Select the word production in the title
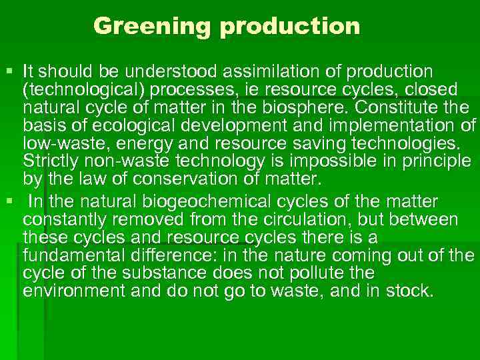tap(290, 27)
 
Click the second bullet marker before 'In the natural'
tap(9, 201)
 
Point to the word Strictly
tap(49, 161)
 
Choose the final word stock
tap(413, 291)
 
